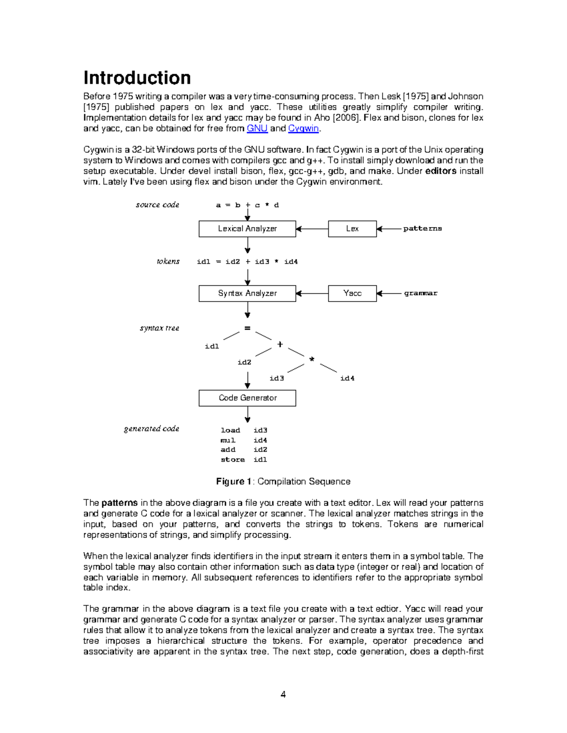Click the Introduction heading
[x=137, y=78]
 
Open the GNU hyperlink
[x=257, y=128]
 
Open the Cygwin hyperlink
[x=303, y=128]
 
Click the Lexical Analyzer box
[x=247, y=229]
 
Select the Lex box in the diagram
[x=352, y=229]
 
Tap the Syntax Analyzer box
[x=247, y=294]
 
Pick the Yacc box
[x=352, y=294]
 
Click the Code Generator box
[x=247, y=398]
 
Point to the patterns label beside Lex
[x=422, y=229]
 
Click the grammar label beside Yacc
[x=421, y=294]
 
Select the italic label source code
[x=157, y=205]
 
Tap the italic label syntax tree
[x=159, y=328]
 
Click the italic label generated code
[x=151, y=429]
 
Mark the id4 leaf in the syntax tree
[x=347, y=378]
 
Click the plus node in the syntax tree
[x=280, y=345]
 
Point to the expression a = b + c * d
[x=247, y=205]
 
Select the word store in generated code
[x=232, y=460]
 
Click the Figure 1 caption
[x=283, y=481]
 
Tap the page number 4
[x=283, y=694]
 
